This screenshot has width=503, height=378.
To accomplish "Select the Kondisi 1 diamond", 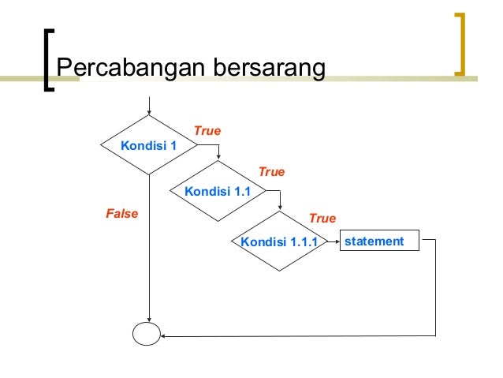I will [x=148, y=145].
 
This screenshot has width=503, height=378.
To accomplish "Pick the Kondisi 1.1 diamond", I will [x=216, y=192].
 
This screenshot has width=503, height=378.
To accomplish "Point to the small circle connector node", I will [x=146, y=334].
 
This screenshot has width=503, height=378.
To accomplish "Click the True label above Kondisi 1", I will [x=207, y=131].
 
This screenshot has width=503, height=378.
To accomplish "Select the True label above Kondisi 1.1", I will [x=271, y=171].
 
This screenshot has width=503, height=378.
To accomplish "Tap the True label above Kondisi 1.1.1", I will [x=322, y=218].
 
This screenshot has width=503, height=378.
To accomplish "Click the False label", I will [x=121, y=213].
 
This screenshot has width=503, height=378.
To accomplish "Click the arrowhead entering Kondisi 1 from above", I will [x=148, y=111].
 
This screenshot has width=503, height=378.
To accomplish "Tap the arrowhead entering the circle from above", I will [x=148, y=318].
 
